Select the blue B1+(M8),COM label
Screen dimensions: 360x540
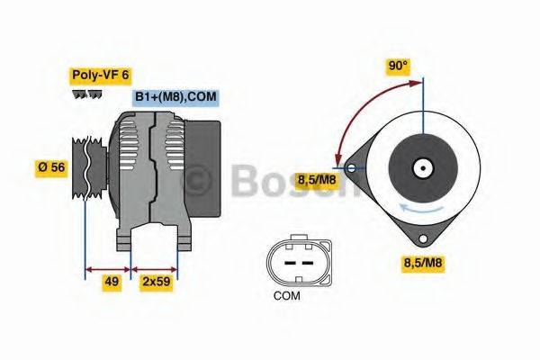click(175, 96)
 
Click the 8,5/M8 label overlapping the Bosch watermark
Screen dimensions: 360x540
click(318, 179)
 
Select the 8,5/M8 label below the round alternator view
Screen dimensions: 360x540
click(422, 263)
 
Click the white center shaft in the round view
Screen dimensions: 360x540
click(421, 167)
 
